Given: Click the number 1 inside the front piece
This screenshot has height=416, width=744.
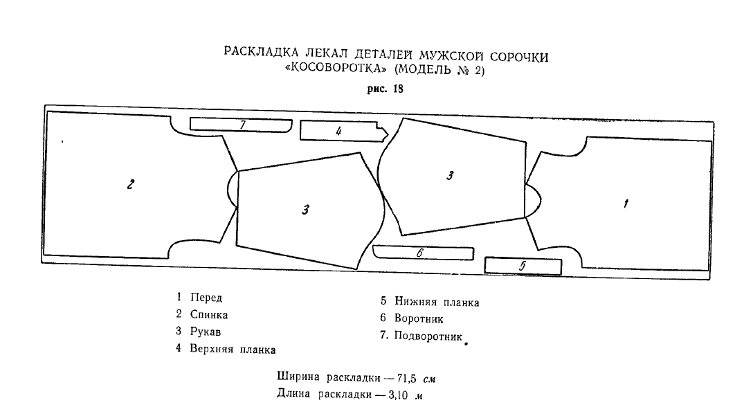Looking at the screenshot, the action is click(626, 204).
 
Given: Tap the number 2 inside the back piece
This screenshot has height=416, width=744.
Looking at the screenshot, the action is click(130, 185).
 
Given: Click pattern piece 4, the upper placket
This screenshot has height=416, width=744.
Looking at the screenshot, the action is click(339, 131).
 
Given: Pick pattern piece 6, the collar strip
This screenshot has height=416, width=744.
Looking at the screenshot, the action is click(422, 253).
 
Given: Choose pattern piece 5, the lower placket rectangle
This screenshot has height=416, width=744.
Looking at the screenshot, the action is click(523, 265).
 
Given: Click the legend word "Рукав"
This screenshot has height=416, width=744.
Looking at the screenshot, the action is click(206, 331).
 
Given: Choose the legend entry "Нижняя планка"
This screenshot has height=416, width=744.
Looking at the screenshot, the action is click(437, 302).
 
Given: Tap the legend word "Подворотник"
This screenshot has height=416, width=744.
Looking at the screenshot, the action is click(428, 336).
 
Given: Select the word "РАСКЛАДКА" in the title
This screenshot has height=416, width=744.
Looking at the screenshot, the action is click(258, 53).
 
